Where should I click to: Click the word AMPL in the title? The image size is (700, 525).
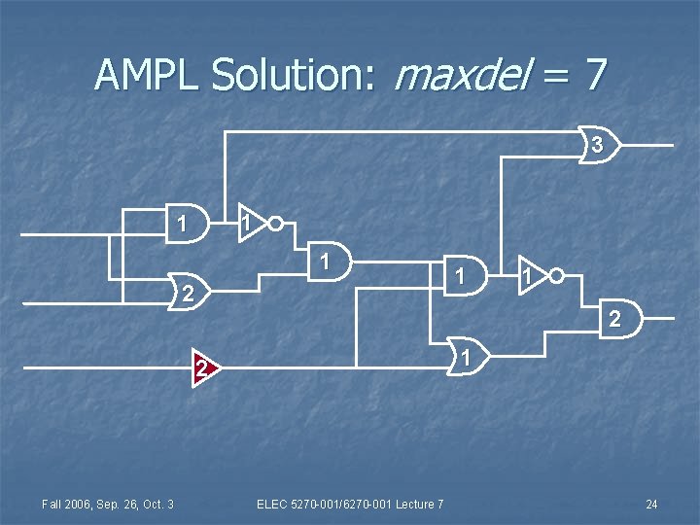coord(146,74)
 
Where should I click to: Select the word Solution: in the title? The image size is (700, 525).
coord(291,74)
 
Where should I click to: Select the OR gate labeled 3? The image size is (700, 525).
coord(597,146)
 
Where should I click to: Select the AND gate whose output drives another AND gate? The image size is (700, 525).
coord(332,262)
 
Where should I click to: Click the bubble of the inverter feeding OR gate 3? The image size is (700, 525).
coord(276,224)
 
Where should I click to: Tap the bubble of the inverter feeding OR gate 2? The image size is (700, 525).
coord(556,276)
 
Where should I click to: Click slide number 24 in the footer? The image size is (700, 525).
coord(651,504)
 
